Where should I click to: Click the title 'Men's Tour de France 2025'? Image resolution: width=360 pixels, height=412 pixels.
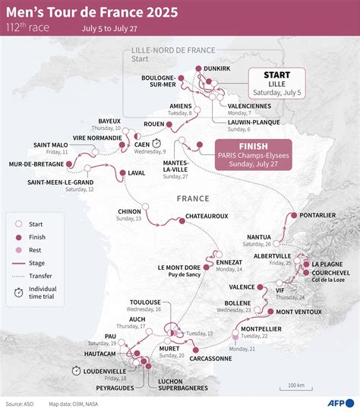tap(93, 13)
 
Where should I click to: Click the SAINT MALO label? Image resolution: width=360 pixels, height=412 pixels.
tap(51, 144)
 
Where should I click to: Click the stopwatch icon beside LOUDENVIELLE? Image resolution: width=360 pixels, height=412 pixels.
tap(77, 370)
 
